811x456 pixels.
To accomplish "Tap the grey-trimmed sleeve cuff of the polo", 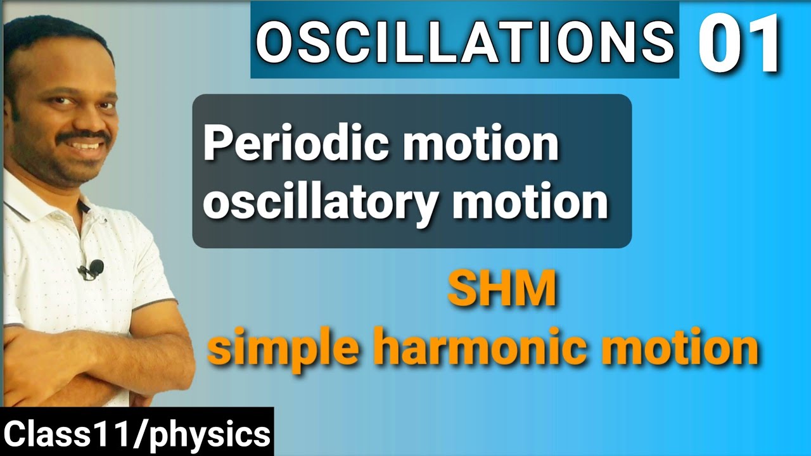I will coord(158,304).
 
